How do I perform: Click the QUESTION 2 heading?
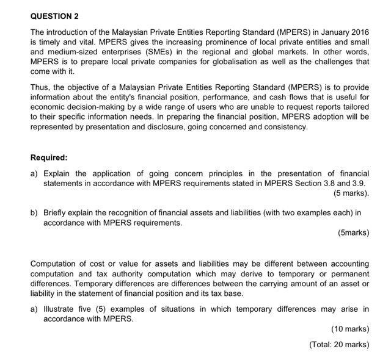pos(54,15)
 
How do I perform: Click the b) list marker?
pos(34,213)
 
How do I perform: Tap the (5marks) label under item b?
pos(353,232)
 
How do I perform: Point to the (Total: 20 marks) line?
pos(339,344)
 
